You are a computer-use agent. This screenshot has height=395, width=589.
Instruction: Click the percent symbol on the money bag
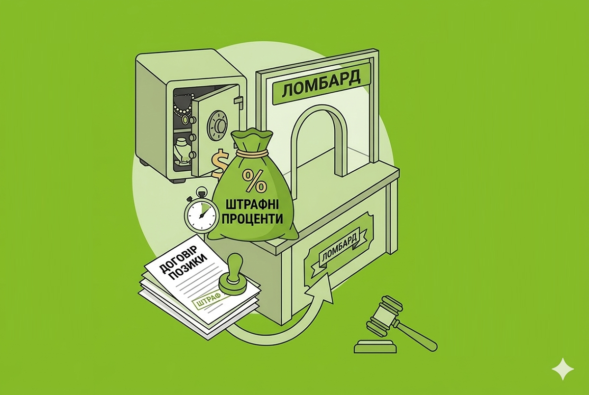[254, 180]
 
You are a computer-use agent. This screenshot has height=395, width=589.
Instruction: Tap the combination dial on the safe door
[217, 124]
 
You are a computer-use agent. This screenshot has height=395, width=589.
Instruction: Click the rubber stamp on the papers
[233, 276]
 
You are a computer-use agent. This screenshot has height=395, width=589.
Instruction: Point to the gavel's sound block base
[375, 346]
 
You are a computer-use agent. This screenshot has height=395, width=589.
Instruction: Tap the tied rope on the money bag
[252, 153]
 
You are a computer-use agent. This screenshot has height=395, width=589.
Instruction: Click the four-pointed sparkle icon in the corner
[562, 369]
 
